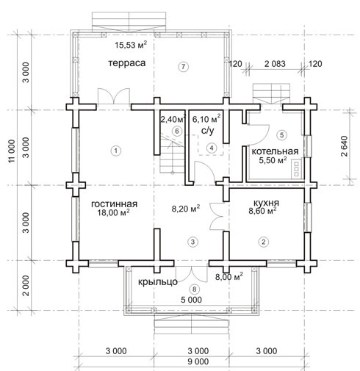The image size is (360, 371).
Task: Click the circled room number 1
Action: tap(116, 151)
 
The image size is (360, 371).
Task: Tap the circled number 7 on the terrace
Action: tap(184, 67)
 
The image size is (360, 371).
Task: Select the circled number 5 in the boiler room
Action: tap(281, 135)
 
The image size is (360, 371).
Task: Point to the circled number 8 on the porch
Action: tap(194, 289)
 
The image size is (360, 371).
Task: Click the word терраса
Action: tap(127, 63)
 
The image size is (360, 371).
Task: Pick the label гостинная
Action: tap(114, 203)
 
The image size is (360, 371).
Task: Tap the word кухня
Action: tap(266, 203)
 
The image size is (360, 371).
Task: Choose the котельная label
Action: tap(275, 151)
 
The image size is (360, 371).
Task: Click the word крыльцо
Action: tap(158, 282)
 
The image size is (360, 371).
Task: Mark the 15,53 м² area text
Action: tap(131, 45)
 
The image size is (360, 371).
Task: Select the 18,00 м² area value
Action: tap(113, 212)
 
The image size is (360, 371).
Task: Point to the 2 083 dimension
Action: tap(275, 64)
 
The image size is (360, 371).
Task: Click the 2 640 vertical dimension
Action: tap(344, 146)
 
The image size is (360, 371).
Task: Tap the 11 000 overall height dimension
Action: tap(12, 151)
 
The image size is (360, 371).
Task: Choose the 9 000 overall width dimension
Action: tap(198, 361)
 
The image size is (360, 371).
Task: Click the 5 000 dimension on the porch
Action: tap(191, 300)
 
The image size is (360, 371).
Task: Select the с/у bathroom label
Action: tap(207, 131)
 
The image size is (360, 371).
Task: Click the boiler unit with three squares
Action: tap(296, 168)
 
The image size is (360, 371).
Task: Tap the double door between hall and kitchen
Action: tap(217, 216)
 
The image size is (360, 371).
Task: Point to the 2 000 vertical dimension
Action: tap(26, 286)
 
